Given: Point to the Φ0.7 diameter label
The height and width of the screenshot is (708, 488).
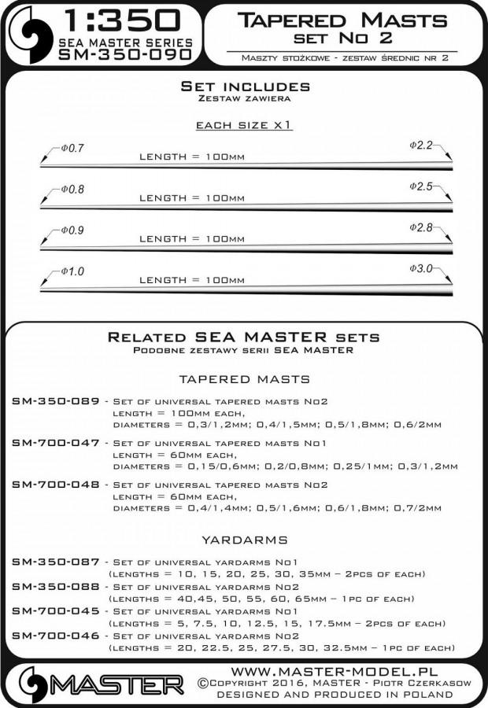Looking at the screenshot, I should click(x=71, y=149).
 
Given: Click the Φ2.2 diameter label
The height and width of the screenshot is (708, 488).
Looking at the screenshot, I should click(x=422, y=146).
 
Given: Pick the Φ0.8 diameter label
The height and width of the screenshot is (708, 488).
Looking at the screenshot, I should click(x=71, y=190).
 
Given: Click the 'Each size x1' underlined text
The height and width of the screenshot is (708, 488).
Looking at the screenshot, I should click(x=243, y=126).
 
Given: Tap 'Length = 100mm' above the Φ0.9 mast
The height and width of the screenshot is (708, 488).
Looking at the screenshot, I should click(x=191, y=238).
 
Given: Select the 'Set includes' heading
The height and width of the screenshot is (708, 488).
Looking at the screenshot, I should click(x=245, y=87).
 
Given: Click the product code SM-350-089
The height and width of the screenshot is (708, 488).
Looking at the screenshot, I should click(x=56, y=401).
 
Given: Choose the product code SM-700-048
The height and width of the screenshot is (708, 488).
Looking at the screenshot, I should click(x=56, y=485).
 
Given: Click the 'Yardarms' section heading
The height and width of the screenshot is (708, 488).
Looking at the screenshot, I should click(x=243, y=540).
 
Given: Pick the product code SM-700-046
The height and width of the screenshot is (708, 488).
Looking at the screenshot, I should click(x=56, y=636).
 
